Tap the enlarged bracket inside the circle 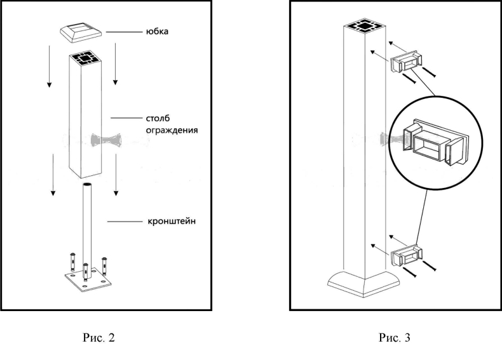[x=436, y=140]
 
